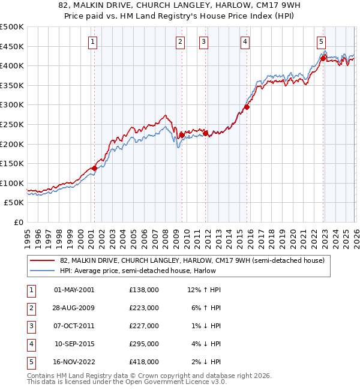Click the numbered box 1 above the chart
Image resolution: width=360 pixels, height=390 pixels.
(94, 42)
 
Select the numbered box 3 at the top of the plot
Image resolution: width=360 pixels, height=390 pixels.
(204, 42)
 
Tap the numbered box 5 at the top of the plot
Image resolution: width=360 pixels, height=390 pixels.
(322, 42)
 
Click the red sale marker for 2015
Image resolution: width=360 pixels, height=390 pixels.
(247, 108)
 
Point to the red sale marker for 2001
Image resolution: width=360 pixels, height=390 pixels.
(94, 169)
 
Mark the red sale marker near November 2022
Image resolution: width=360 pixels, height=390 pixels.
(323, 58)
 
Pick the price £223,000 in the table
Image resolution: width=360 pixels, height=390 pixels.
(143, 308)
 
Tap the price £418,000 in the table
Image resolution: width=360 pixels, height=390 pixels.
(143, 362)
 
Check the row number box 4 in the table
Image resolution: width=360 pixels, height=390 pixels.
(30, 344)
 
